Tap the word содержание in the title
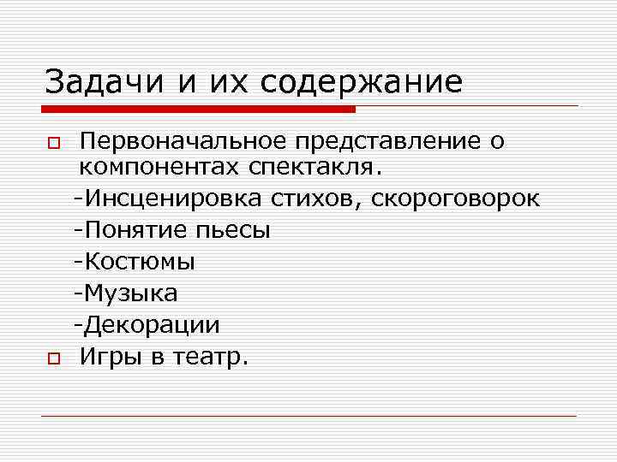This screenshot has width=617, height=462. click(x=362, y=82)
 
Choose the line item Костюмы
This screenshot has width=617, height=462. click(x=135, y=262)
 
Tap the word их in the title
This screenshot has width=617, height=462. click(x=222, y=82)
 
